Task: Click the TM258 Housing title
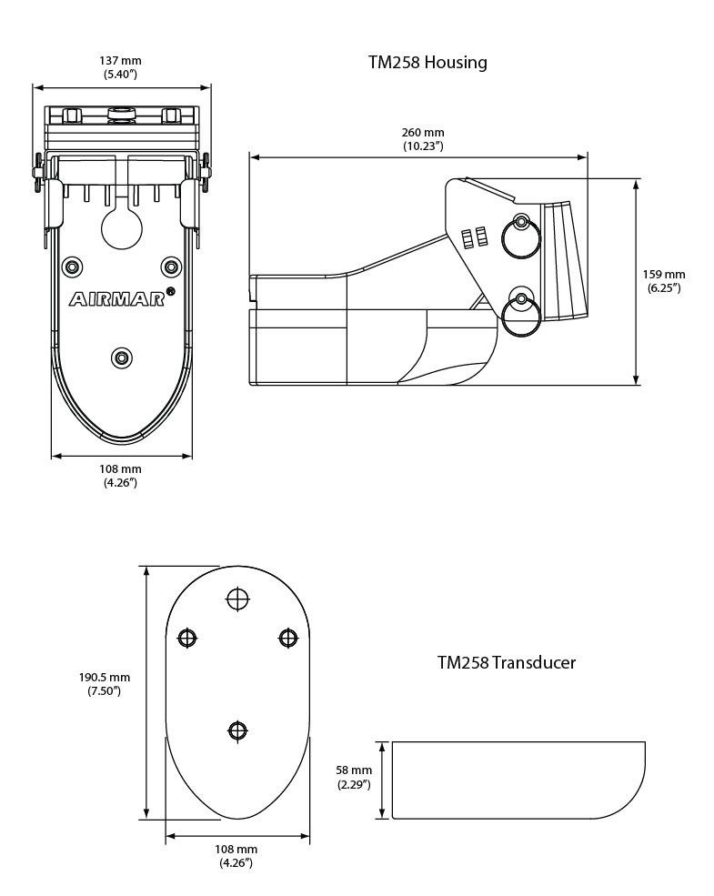click(x=427, y=63)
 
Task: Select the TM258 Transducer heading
click(x=506, y=662)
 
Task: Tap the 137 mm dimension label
click(x=120, y=66)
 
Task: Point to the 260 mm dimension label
click(x=423, y=138)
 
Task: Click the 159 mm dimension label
click(x=664, y=280)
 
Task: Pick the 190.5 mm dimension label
click(x=105, y=684)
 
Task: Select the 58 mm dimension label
click(x=354, y=777)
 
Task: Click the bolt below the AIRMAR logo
click(x=121, y=357)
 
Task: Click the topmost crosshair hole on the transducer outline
click(x=237, y=599)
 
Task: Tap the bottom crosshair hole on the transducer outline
click(x=237, y=730)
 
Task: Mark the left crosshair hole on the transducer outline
click(x=187, y=638)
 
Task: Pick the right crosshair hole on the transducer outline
click(x=287, y=638)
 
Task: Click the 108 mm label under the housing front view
click(x=120, y=475)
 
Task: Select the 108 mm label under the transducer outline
click(x=237, y=855)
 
